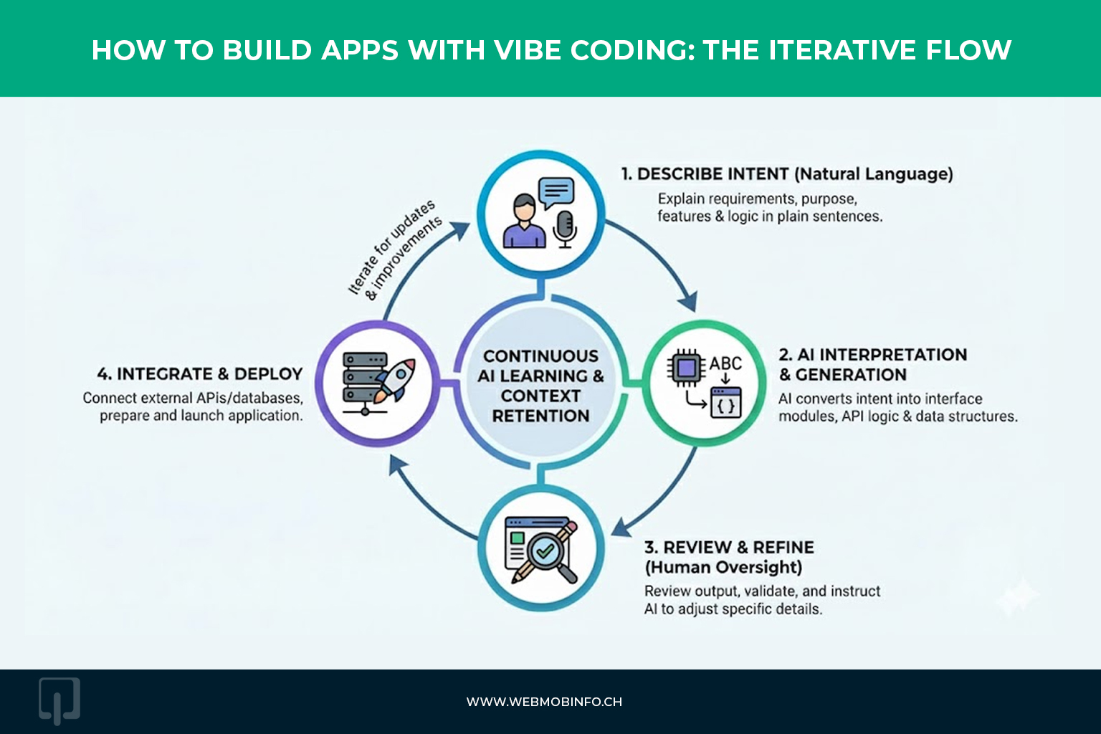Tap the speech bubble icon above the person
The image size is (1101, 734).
tap(556, 193)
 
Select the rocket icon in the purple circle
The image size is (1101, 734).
tap(395, 379)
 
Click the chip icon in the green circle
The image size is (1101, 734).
tap(686, 368)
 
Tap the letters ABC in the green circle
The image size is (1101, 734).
tap(725, 363)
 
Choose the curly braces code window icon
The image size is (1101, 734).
tap(725, 403)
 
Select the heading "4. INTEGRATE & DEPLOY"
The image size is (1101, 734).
tap(200, 373)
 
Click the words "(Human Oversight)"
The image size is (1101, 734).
tap(723, 568)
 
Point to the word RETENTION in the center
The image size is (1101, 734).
tap(540, 416)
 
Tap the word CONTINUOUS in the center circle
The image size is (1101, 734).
tap(540, 356)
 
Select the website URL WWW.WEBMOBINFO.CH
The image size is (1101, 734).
tap(544, 702)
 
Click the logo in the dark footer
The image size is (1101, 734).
tap(59, 700)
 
